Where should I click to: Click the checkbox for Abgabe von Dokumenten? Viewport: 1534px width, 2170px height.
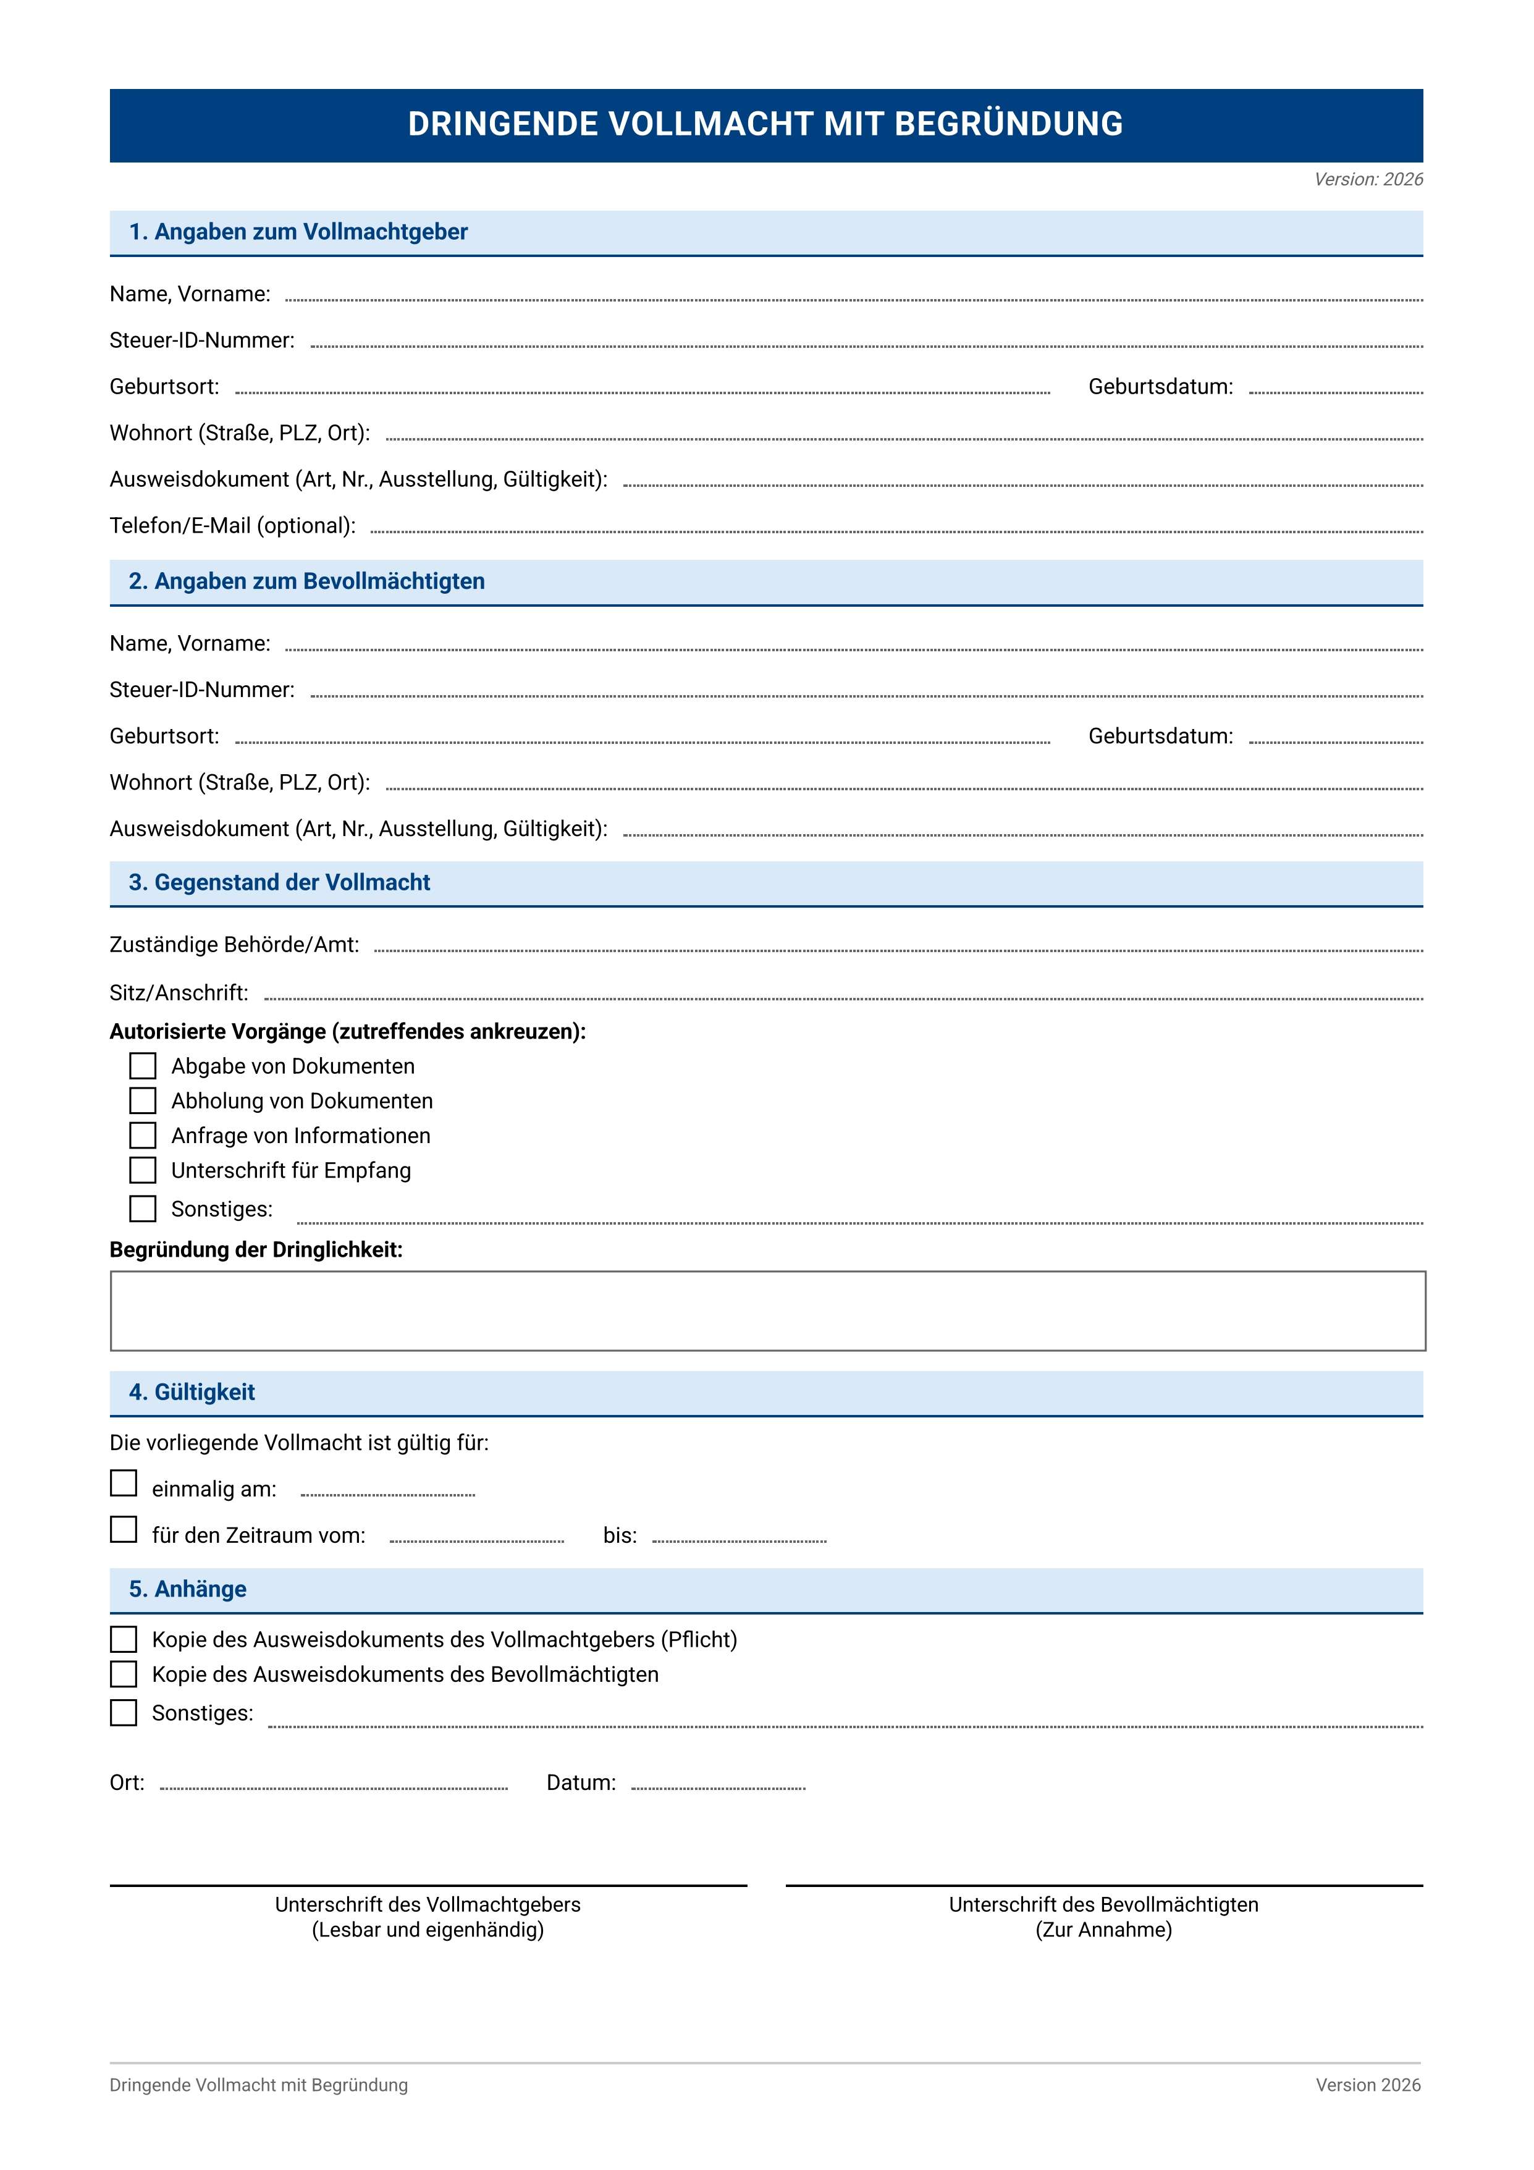(143, 1066)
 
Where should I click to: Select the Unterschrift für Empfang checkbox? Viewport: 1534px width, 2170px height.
(143, 1170)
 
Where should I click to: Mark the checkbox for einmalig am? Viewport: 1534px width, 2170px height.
(124, 1483)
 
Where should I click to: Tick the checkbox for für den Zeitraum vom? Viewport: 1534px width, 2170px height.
(124, 1529)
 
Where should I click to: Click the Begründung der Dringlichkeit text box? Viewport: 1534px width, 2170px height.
(767, 1311)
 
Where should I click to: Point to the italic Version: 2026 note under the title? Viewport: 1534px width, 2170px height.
(1368, 180)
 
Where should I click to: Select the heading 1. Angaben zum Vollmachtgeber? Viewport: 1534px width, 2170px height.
(298, 232)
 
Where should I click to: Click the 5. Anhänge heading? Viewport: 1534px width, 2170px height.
(187, 1590)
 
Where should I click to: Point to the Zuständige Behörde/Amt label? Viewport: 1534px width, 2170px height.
(234, 945)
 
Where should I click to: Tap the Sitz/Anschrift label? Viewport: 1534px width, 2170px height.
(179, 994)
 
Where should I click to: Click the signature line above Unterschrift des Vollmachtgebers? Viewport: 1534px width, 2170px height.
(428, 1886)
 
